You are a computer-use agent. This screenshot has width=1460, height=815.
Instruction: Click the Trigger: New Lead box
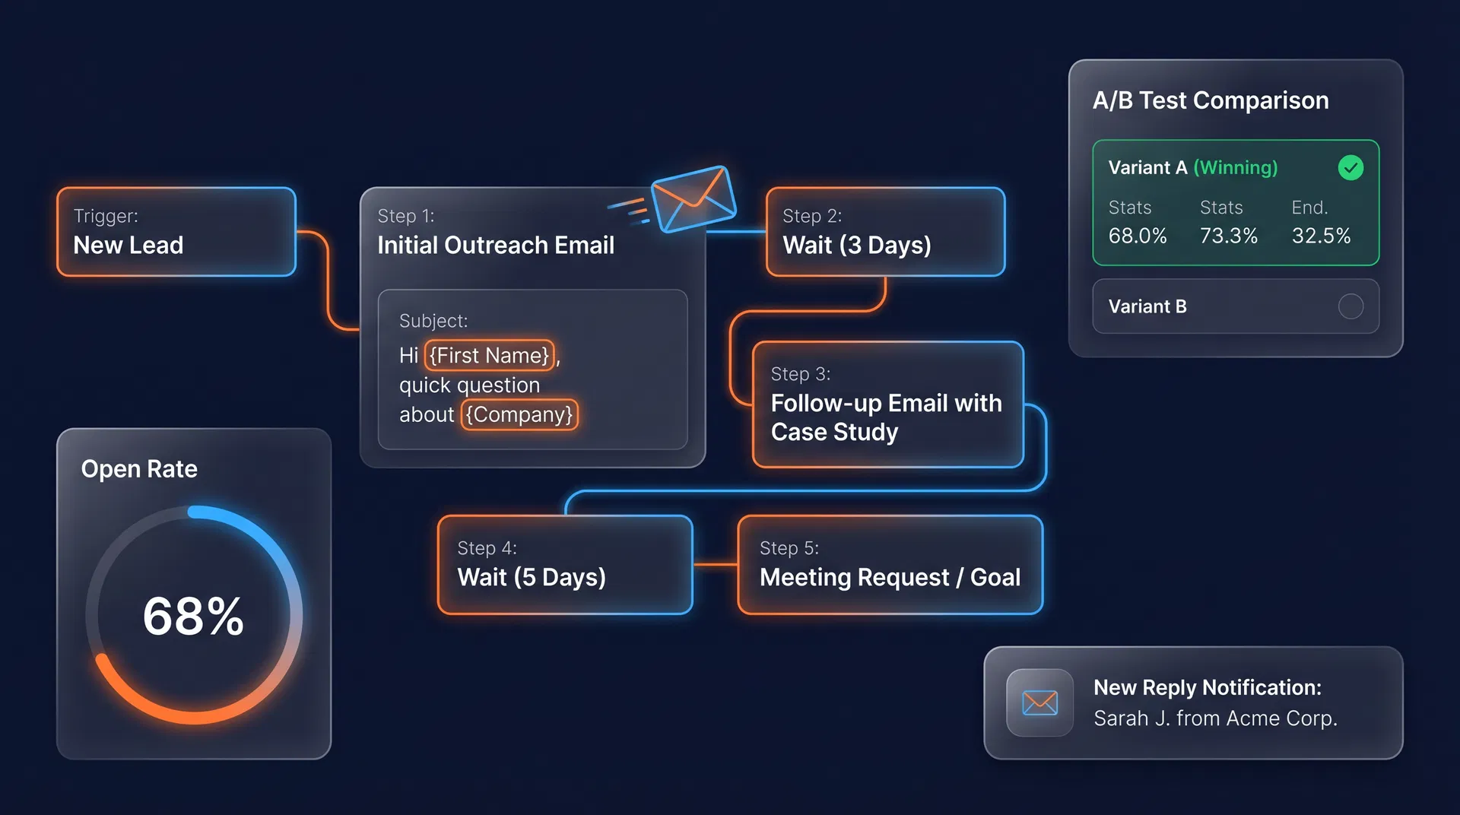pyautogui.click(x=176, y=232)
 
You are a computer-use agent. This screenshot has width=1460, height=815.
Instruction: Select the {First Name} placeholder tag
pyautogui.click(x=489, y=355)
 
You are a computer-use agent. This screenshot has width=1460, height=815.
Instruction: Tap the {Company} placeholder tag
pyautogui.click(x=519, y=415)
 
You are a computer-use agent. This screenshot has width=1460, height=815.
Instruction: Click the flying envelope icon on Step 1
pyautogui.click(x=693, y=198)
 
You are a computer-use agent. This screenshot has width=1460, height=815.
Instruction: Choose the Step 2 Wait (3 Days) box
pyautogui.click(x=885, y=232)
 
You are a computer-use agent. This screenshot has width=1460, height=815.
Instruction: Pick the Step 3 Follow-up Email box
pyautogui.click(x=887, y=404)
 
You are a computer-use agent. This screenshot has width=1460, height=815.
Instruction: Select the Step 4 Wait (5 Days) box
pyautogui.click(x=564, y=565)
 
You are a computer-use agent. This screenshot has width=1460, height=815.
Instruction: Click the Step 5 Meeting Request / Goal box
pyautogui.click(x=890, y=565)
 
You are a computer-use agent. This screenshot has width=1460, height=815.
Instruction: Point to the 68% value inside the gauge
pyautogui.click(x=193, y=616)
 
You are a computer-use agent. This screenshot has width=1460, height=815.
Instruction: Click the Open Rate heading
pyautogui.click(x=139, y=469)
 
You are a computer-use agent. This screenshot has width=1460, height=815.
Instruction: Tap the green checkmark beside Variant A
pyautogui.click(x=1350, y=167)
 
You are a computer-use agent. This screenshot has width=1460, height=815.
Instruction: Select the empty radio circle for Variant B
pyautogui.click(x=1350, y=306)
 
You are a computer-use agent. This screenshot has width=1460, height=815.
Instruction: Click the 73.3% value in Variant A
pyautogui.click(x=1229, y=236)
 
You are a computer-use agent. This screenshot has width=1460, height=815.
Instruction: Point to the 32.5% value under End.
pyautogui.click(x=1321, y=236)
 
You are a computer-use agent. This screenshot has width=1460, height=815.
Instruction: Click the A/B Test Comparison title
pyautogui.click(x=1211, y=100)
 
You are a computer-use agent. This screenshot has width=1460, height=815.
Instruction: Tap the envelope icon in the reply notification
pyautogui.click(x=1039, y=702)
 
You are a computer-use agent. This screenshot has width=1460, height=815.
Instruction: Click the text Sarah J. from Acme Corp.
pyautogui.click(x=1215, y=718)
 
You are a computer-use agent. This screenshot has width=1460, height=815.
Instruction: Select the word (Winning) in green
pyautogui.click(x=1236, y=167)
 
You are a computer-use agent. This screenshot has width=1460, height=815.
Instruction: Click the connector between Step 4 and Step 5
pyautogui.click(x=715, y=565)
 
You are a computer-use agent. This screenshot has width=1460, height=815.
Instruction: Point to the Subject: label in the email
pyautogui.click(x=433, y=321)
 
